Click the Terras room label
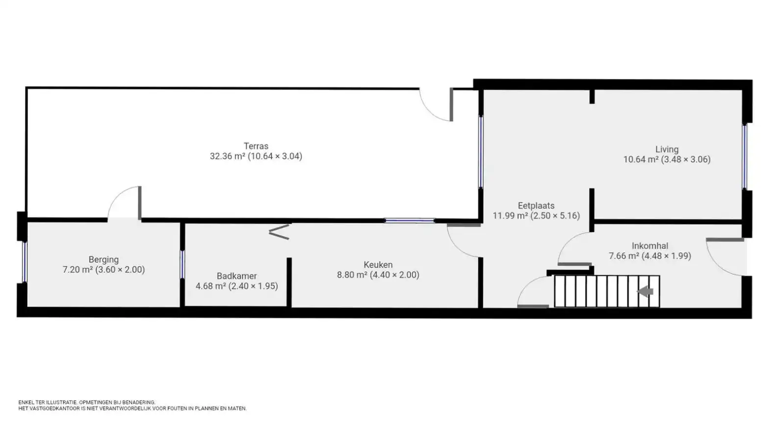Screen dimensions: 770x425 pos(256,146)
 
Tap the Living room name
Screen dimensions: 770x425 pos(667,149)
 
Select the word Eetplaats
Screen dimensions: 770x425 pos(536,206)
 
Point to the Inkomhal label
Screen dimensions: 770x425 pos(650,246)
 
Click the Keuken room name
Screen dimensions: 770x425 pos(378,265)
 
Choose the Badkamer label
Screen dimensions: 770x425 pos(237,276)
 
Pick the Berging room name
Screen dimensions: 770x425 pos(103,260)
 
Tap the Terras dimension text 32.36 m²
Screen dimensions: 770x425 pos(227,156)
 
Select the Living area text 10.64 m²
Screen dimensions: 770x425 pos(641,159)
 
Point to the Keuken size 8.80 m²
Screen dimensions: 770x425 pos(352,275)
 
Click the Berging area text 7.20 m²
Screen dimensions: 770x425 pos(78,270)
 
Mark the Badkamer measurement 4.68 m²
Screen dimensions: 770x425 pos(211,286)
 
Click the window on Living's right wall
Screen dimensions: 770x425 pos(745,157)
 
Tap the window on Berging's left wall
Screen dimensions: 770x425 pos(25,262)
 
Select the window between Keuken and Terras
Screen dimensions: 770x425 pos(409,221)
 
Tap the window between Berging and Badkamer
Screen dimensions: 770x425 pos(182,264)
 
